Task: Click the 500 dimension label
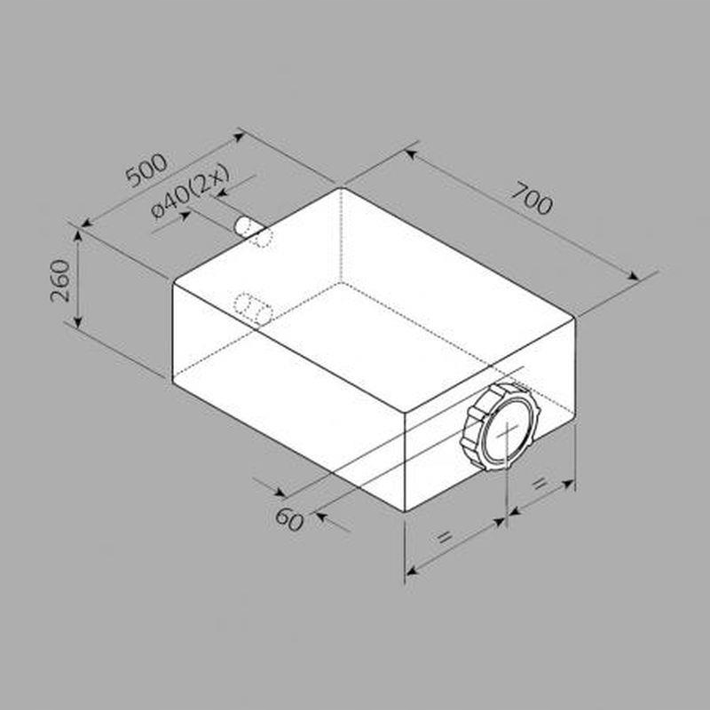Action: click(146, 170)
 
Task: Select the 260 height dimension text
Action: click(60, 280)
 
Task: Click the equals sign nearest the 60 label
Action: click(446, 537)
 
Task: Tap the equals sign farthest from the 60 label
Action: click(538, 484)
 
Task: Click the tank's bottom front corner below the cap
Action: click(405, 512)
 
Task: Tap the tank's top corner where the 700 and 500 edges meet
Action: click(342, 187)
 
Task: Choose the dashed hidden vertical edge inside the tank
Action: click(342, 235)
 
